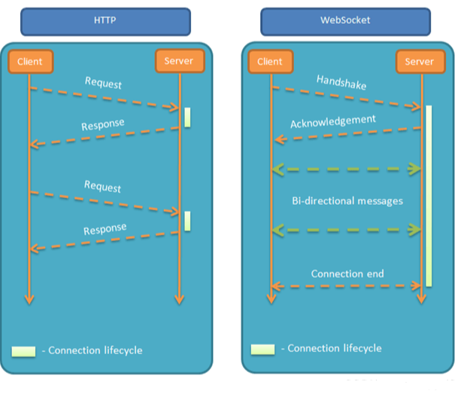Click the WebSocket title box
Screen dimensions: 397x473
tap(346, 20)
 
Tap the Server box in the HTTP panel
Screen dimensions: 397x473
tap(178, 61)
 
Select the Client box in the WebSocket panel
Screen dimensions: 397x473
tap(270, 62)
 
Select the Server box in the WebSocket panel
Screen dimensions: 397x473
tap(419, 62)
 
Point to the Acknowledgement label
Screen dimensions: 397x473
tap(333, 121)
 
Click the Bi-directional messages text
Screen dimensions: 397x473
tap(347, 201)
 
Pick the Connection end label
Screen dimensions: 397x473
tap(347, 273)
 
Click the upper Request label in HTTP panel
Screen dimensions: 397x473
tap(103, 82)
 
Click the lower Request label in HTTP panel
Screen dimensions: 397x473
tap(103, 186)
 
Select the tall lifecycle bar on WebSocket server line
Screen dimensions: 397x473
tap(429, 196)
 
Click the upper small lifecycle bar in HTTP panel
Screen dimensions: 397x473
tap(187, 118)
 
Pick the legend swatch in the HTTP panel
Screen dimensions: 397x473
tap(24, 351)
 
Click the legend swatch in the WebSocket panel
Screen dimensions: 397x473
tap(262, 349)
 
